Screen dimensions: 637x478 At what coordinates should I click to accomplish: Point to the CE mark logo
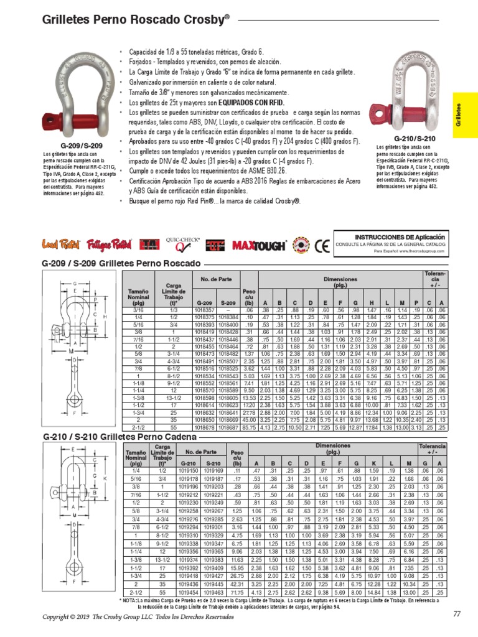point(322,245)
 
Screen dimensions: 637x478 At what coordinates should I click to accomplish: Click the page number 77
point(456,614)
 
